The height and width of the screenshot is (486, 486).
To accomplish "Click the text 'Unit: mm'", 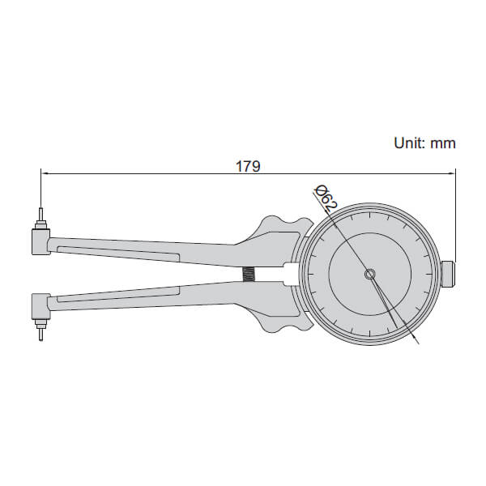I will pyautogui.click(x=424, y=143).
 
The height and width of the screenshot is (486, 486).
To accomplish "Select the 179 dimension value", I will pyautogui.click(x=248, y=166).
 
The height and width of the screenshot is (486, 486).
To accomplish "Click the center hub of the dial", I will pyautogui.click(x=369, y=275).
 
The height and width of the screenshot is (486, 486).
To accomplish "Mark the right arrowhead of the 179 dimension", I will pyautogui.click(x=451, y=173).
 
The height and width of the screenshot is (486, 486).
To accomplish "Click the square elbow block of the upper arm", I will pyautogui.click(x=40, y=240).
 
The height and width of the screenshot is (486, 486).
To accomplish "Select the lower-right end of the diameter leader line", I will pyautogui.click(x=420, y=343).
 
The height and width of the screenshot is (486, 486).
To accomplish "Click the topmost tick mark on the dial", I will pyautogui.click(x=369, y=215).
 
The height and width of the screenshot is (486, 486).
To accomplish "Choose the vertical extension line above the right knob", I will pyautogui.click(x=455, y=215).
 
